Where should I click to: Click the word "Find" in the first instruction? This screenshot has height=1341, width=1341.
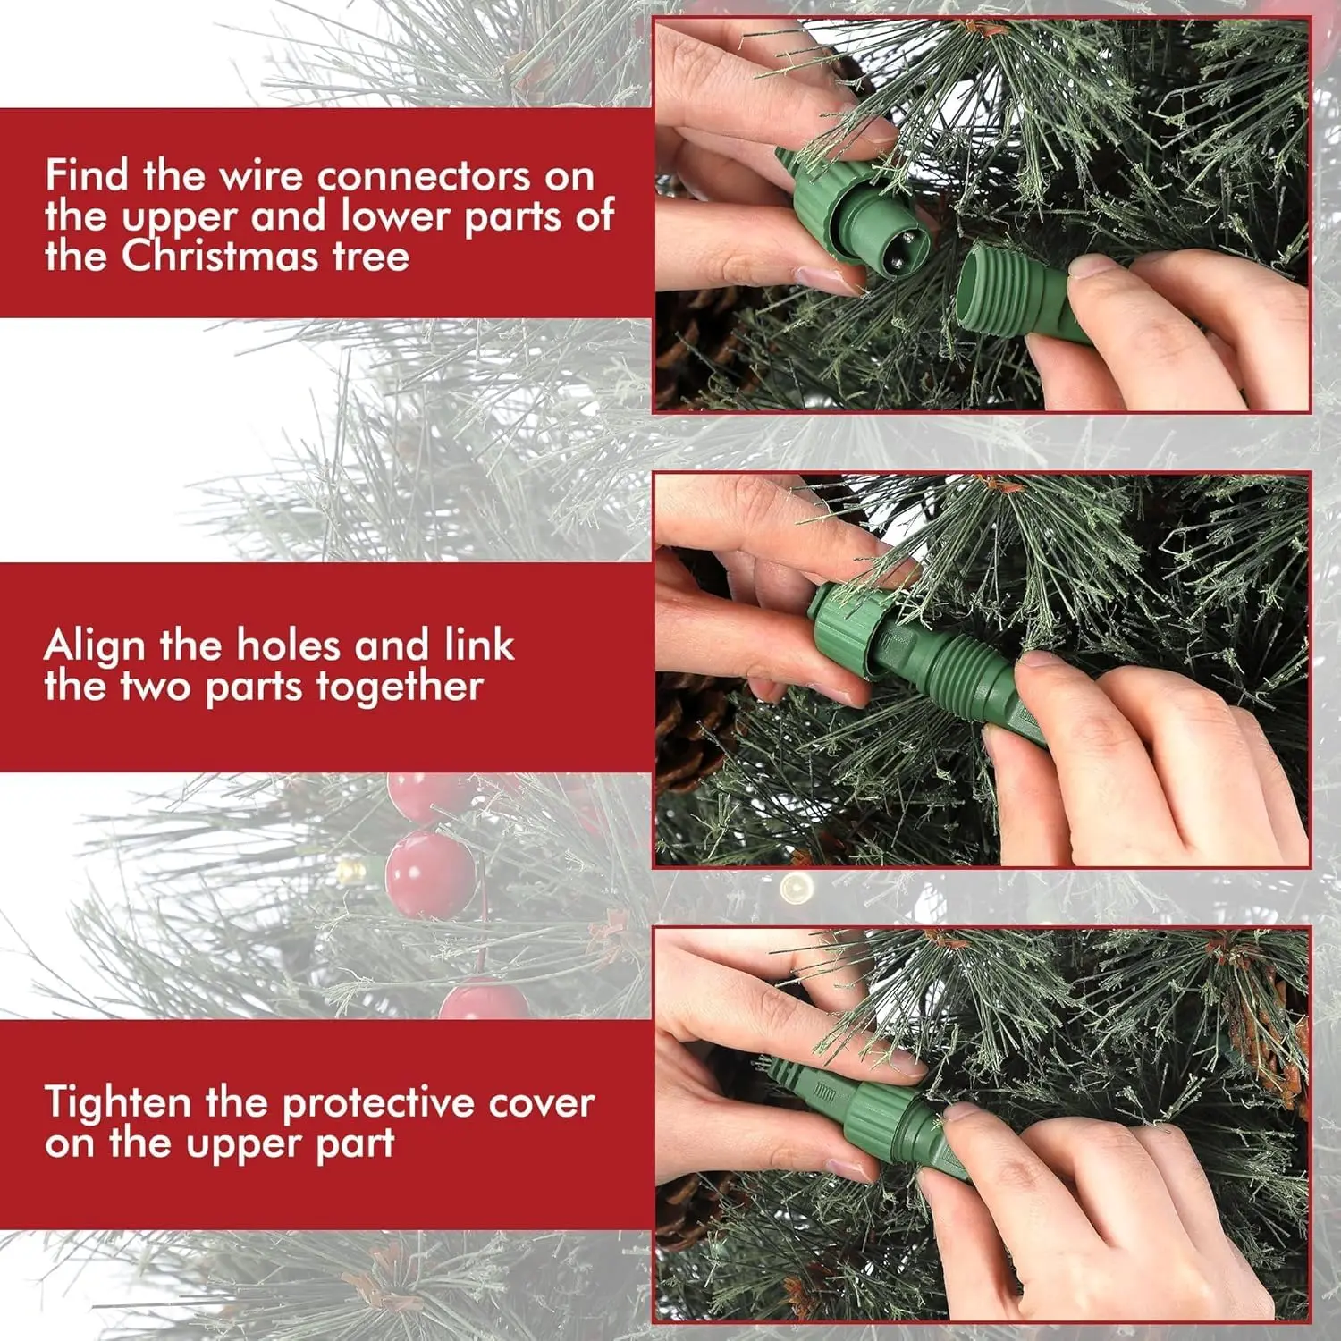click(87, 174)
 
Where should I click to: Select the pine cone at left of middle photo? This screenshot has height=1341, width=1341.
click(693, 724)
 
